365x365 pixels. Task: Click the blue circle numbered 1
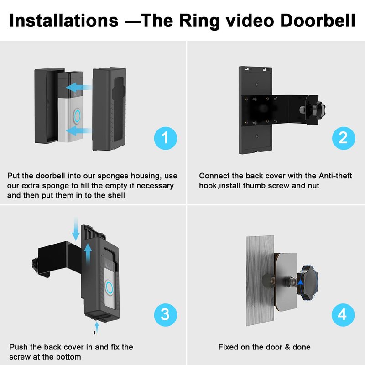click(x=166, y=138)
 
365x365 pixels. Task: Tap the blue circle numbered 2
click(x=344, y=138)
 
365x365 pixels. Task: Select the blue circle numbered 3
click(x=166, y=315)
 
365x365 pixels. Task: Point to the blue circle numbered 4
click(x=343, y=315)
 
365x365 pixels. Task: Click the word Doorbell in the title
click(x=318, y=21)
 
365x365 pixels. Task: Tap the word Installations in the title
click(x=64, y=21)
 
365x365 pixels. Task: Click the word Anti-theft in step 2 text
click(x=335, y=176)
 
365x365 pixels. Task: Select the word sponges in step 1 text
click(x=113, y=176)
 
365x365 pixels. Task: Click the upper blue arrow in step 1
click(x=78, y=88)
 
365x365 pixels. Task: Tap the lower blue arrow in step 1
click(x=78, y=131)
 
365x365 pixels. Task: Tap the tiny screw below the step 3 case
click(x=94, y=333)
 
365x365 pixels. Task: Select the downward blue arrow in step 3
click(x=76, y=229)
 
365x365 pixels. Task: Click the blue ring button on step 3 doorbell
click(x=109, y=287)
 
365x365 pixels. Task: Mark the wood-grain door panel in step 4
click(x=260, y=281)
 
